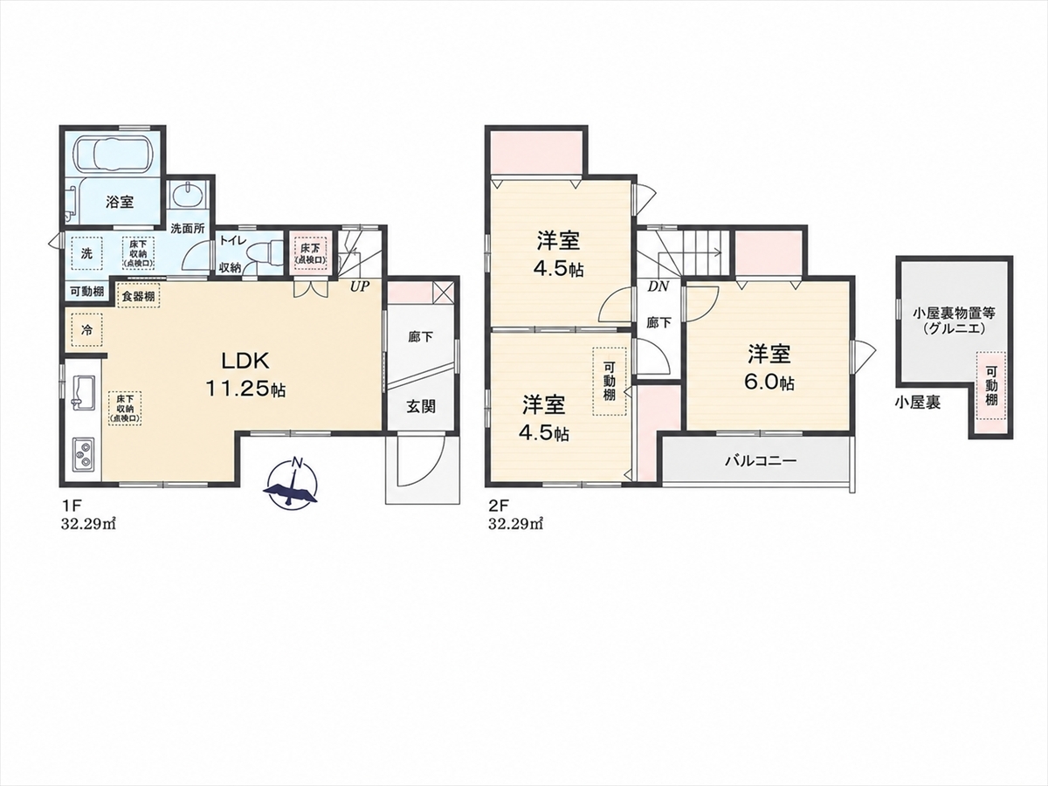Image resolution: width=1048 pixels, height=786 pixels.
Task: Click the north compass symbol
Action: tap(292, 484)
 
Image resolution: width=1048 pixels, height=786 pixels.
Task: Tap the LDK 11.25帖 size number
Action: tap(245, 390)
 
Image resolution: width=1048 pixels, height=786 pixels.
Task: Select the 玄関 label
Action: tap(421, 406)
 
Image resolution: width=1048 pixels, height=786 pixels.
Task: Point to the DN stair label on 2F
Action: tap(658, 286)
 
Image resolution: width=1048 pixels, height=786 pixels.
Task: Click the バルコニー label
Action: tap(761, 461)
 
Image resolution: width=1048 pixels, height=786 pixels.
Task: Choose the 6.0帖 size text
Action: tap(769, 382)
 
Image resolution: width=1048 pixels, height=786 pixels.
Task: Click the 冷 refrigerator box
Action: tap(86, 330)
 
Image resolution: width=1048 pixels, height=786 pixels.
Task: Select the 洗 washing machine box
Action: tap(86, 253)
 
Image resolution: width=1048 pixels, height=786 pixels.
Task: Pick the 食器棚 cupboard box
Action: tap(139, 296)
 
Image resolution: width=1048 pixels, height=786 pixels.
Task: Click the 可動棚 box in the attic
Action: tap(991, 386)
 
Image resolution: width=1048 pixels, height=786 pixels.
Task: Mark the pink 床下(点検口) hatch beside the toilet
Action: tap(310, 254)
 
